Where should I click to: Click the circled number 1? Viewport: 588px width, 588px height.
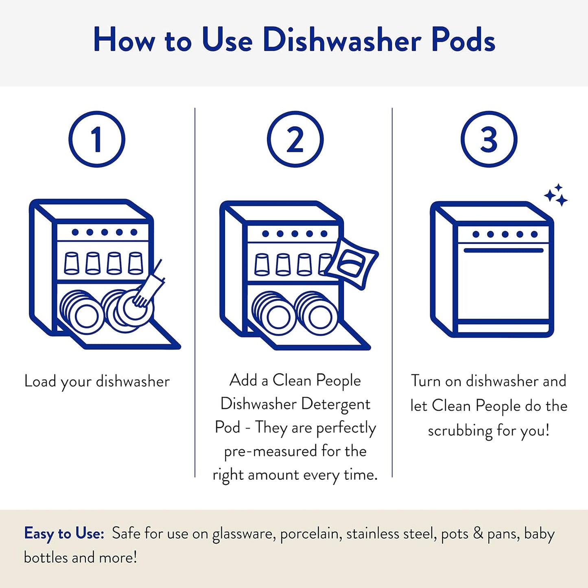97,139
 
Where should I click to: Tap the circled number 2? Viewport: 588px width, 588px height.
295,139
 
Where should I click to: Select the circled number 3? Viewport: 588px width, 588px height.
489,139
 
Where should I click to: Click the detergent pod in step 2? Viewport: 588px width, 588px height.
352,263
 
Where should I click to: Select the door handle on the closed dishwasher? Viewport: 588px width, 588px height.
503,250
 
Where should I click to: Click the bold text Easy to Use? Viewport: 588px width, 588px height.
64,533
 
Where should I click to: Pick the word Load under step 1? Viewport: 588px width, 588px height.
40,381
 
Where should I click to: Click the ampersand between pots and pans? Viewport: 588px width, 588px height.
478,533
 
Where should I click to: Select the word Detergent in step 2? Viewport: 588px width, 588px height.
336,404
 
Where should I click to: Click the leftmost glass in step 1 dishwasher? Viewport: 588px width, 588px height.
72,263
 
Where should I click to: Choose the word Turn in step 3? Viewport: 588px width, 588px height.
426,381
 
